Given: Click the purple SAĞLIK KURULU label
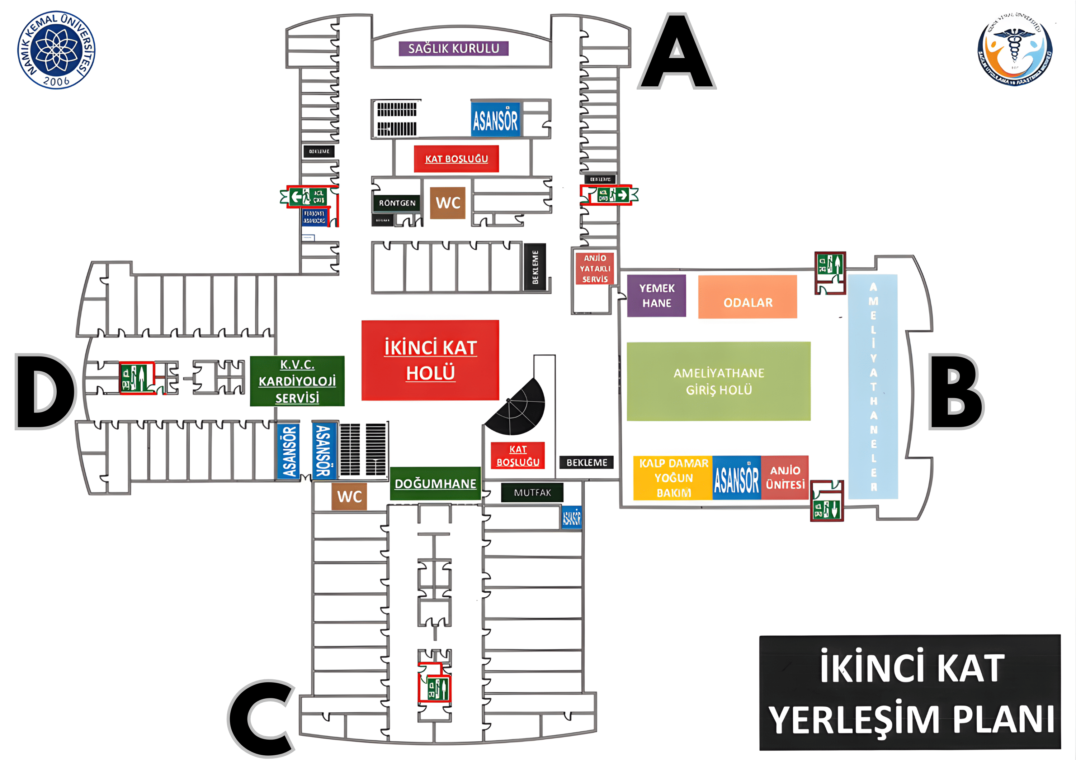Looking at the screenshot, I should (x=453, y=49).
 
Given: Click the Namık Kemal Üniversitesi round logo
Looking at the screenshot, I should (x=56, y=50).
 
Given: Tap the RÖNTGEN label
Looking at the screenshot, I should (x=397, y=203).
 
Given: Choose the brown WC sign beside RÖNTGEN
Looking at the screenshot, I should (x=448, y=203).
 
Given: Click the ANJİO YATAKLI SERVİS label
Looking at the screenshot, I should (x=595, y=269).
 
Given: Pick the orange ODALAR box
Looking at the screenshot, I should (x=747, y=297).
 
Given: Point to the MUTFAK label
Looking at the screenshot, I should (x=532, y=493).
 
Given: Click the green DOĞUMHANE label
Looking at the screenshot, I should (x=435, y=484).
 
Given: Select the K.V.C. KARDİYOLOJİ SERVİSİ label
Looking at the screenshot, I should (x=297, y=381).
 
